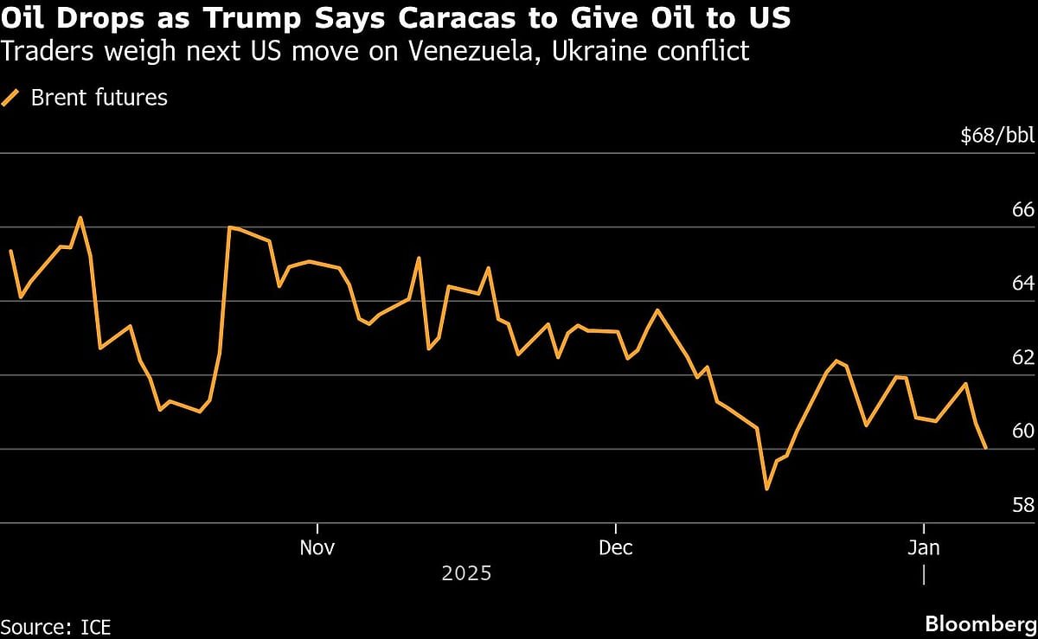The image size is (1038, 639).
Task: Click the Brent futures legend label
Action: [x=99, y=98]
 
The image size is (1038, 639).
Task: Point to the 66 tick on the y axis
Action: [x=1022, y=210]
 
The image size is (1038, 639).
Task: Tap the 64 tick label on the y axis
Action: [x=1022, y=284]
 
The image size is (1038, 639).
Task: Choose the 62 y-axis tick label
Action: [x=1022, y=358]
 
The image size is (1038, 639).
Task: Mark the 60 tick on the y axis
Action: [x=1022, y=431]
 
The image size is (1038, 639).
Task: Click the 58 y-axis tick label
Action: [x=1022, y=506]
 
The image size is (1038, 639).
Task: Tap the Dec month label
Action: [x=615, y=547]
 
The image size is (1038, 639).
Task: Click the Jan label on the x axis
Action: [x=925, y=547]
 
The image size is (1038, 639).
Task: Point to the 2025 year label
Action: [x=466, y=573]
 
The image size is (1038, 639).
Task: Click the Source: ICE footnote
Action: [x=56, y=626]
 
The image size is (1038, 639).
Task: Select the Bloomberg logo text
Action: [x=980, y=624]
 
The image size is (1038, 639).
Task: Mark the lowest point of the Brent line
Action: [x=766, y=489]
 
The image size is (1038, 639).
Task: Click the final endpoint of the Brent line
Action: [x=985, y=447]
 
